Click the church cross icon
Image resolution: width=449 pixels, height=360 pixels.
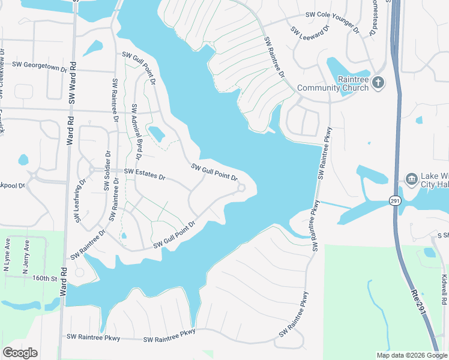378,82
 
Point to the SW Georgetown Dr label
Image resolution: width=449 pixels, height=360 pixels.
40,67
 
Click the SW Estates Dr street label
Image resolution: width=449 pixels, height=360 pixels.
145,174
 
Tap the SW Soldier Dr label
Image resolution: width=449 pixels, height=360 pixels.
106,170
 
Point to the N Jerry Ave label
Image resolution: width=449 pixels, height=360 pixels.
26,256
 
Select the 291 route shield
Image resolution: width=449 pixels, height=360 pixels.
394,200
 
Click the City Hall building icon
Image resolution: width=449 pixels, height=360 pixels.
411,179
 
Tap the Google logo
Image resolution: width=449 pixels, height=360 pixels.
20,353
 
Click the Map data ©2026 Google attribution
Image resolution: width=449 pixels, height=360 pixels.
411,355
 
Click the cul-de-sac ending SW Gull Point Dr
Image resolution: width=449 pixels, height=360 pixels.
241,189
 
